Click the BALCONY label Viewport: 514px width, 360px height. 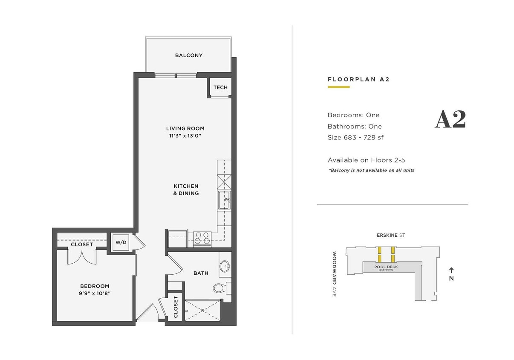(189, 55)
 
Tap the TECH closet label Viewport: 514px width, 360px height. (220, 87)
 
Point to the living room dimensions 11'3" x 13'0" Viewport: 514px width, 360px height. (185, 136)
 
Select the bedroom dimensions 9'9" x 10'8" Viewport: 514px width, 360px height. (95, 293)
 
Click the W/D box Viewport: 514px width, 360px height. (121, 242)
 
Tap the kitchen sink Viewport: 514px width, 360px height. (224, 200)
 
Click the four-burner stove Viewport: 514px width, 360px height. (202, 238)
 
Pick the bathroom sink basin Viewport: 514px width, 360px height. (225, 267)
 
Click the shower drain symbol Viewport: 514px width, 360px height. (203, 311)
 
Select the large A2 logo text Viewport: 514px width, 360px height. (450, 120)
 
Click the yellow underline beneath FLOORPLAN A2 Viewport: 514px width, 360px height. (338, 87)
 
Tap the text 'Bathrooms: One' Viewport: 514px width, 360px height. (355, 126)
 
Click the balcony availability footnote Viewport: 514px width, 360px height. (371, 170)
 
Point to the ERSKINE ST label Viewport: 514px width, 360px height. (390, 235)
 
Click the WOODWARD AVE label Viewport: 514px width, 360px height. (335, 274)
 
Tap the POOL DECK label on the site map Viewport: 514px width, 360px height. (386, 267)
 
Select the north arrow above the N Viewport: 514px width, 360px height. (451, 270)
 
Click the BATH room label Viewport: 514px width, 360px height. (201, 273)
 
